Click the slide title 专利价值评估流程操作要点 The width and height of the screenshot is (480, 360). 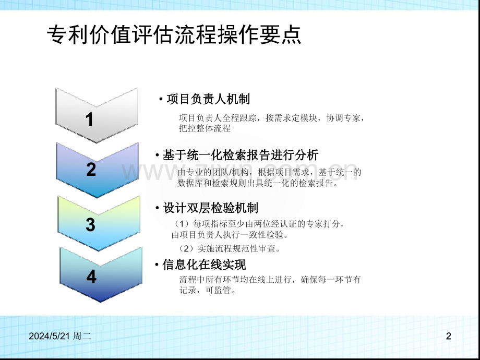coord(174,34)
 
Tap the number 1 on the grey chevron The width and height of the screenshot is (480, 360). coord(89,119)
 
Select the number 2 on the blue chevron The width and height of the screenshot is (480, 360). coord(91,169)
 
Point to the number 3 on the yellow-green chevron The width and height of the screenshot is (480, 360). coord(90,224)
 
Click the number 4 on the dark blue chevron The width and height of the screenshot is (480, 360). coord(91,277)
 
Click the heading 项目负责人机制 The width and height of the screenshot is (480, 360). coord(208,99)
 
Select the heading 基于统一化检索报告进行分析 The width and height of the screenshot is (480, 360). coord(241,155)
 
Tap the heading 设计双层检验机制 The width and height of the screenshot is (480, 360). coord(211,208)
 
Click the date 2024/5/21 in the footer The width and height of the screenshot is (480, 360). coord(49,336)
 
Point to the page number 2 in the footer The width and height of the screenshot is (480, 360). coord(449,336)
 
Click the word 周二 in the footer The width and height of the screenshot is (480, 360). coord(82,336)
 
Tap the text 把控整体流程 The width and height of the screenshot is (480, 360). coord(205,128)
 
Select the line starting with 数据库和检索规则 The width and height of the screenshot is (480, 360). coord(258,183)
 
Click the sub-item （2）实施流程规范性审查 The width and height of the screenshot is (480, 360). coord(229,248)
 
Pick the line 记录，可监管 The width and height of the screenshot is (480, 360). coord(208,290)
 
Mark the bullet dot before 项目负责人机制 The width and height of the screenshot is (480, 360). coord(161,99)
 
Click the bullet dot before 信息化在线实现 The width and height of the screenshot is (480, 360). coord(157,265)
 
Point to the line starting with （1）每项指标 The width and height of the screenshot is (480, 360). coord(259,224)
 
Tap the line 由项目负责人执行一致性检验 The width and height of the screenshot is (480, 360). coord(230,235)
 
